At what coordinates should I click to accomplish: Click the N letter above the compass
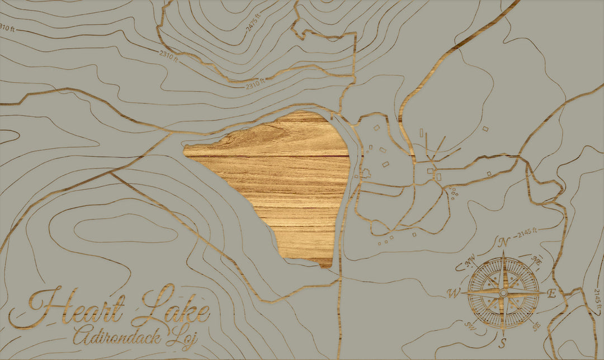503,243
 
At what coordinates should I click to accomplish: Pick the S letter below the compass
503,342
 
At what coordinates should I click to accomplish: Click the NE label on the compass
537,260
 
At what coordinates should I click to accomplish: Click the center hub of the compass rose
503,293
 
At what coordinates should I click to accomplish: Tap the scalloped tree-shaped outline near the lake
366,173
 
